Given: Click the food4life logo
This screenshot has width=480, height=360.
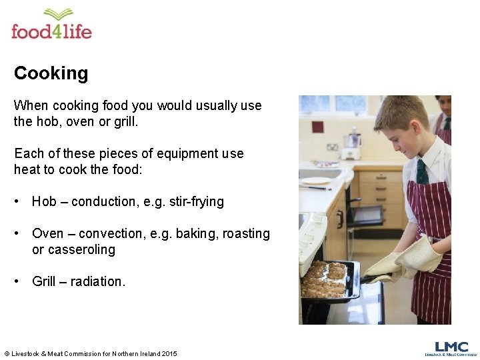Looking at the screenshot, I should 51,25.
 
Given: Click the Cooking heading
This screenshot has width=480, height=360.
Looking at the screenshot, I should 51,73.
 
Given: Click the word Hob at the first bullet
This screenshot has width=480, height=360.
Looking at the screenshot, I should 44,201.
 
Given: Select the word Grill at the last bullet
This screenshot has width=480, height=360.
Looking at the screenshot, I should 44,281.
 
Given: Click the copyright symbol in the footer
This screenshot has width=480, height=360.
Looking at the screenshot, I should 7,353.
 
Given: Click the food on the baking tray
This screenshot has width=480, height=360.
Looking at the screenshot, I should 327,279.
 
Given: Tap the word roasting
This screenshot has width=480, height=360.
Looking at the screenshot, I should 246,233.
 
